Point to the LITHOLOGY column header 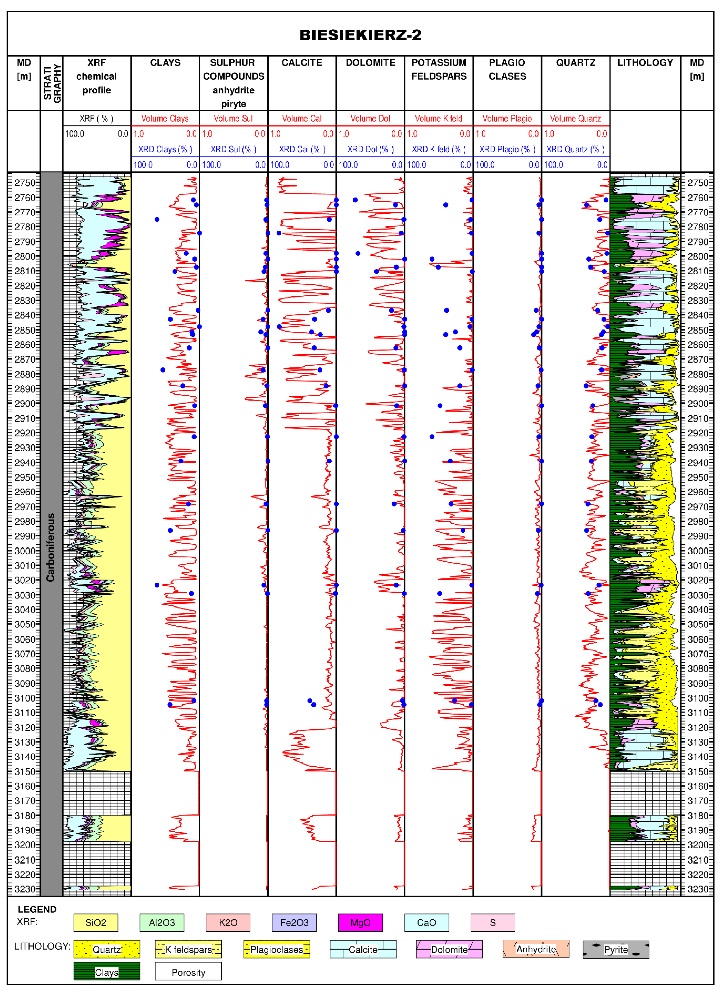(x=645, y=63)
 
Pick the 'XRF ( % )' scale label (x=97, y=118)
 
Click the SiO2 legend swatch (x=96, y=922)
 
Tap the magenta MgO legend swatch (x=360, y=922)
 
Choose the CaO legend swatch (x=426, y=922)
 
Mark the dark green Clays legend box (x=107, y=972)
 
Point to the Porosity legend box (x=188, y=972)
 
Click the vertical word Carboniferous (x=51, y=547)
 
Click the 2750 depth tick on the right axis (x=698, y=183)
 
